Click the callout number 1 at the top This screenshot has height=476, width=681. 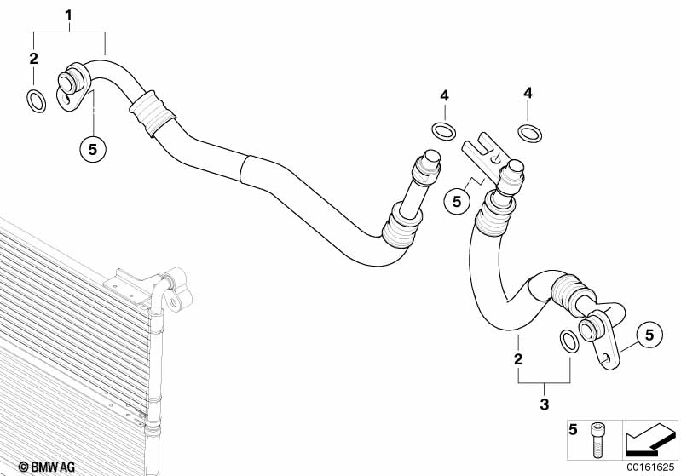pyautogui.click(x=69, y=15)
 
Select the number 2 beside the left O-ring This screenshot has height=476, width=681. pyautogui.click(x=34, y=59)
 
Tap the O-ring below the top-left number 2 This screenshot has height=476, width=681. pyautogui.click(x=36, y=101)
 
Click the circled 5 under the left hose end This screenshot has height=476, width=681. pyautogui.click(x=93, y=149)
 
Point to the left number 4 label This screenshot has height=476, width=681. pyautogui.click(x=444, y=95)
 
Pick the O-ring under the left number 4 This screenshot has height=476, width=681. pyautogui.click(x=442, y=131)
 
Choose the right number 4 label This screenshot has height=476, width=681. pyautogui.click(x=528, y=93)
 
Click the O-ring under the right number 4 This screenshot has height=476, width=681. pyautogui.click(x=529, y=133)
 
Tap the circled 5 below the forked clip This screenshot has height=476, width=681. pyautogui.click(x=457, y=202)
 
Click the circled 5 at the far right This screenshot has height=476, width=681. pyautogui.click(x=649, y=335)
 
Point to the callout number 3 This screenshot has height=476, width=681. pyautogui.click(x=544, y=404)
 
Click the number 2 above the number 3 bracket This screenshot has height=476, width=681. pyautogui.click(x=517, y=359)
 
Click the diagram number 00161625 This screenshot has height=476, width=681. pyautogui.click(x=651, y=467)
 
